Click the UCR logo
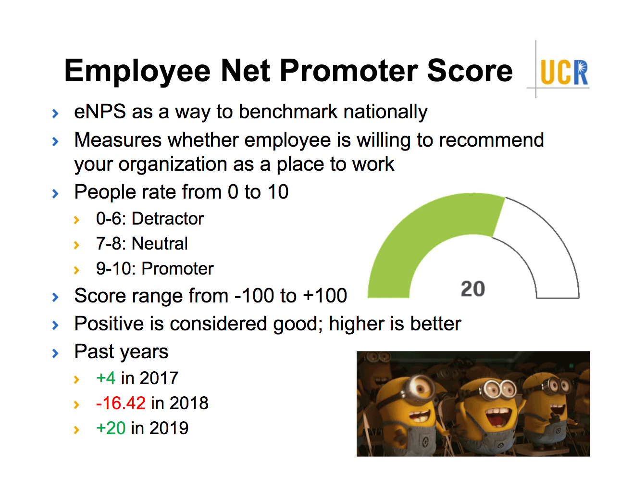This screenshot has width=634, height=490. [x=564, y=72]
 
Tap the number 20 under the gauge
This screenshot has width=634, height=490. [x=472, y=289]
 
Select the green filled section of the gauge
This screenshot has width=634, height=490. [x=414, y=234]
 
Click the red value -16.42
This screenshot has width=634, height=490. [x=121, y=403]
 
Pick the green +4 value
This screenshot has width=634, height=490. [x=106, y=378]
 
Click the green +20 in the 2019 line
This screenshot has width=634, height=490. [x=111, y=428]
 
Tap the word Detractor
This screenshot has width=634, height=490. [x=168, y=218]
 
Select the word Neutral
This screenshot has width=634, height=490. [x=160, y=243]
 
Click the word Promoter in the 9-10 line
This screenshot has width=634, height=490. [x=178, y=268]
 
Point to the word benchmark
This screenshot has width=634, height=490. [x=287, y=111]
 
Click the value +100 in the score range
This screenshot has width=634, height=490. [x=325, y=295]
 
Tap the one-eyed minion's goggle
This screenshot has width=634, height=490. [x=419, y=387]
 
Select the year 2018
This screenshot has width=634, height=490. [x=189, y=403]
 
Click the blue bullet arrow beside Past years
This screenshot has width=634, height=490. [x=55, y=353]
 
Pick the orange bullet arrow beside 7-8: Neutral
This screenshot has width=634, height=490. [x=76, y=245]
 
